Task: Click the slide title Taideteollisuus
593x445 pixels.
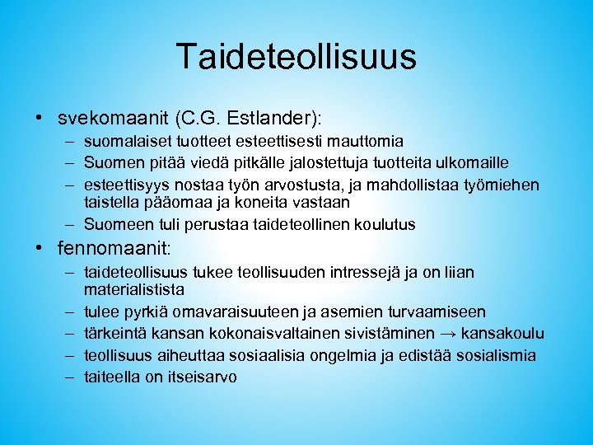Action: click(296, 57)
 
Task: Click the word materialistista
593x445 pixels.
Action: click(133, 290)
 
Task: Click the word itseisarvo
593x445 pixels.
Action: click(202, 377)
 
